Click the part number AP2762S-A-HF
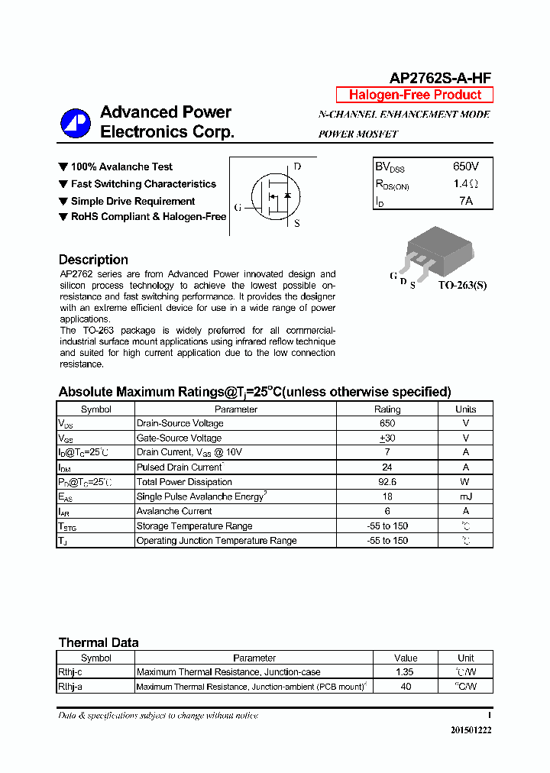coord(441,78)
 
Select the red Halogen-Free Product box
coord(415,95)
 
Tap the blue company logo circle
coord(76,123)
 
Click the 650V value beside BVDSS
coord(465,167)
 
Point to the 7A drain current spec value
coord(465,201)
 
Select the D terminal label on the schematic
coord(297,167)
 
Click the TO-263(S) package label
coord(461,286)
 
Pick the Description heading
coord(93,260)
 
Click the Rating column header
coord(387,409)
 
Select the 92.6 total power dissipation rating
coord(387,482)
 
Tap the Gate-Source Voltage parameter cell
coord(179,438)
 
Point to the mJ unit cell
coord(465,496)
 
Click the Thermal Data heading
coord(99,642)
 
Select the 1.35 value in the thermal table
coord(406,672)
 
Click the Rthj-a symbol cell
coord(70,687)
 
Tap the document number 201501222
coord(471,730)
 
